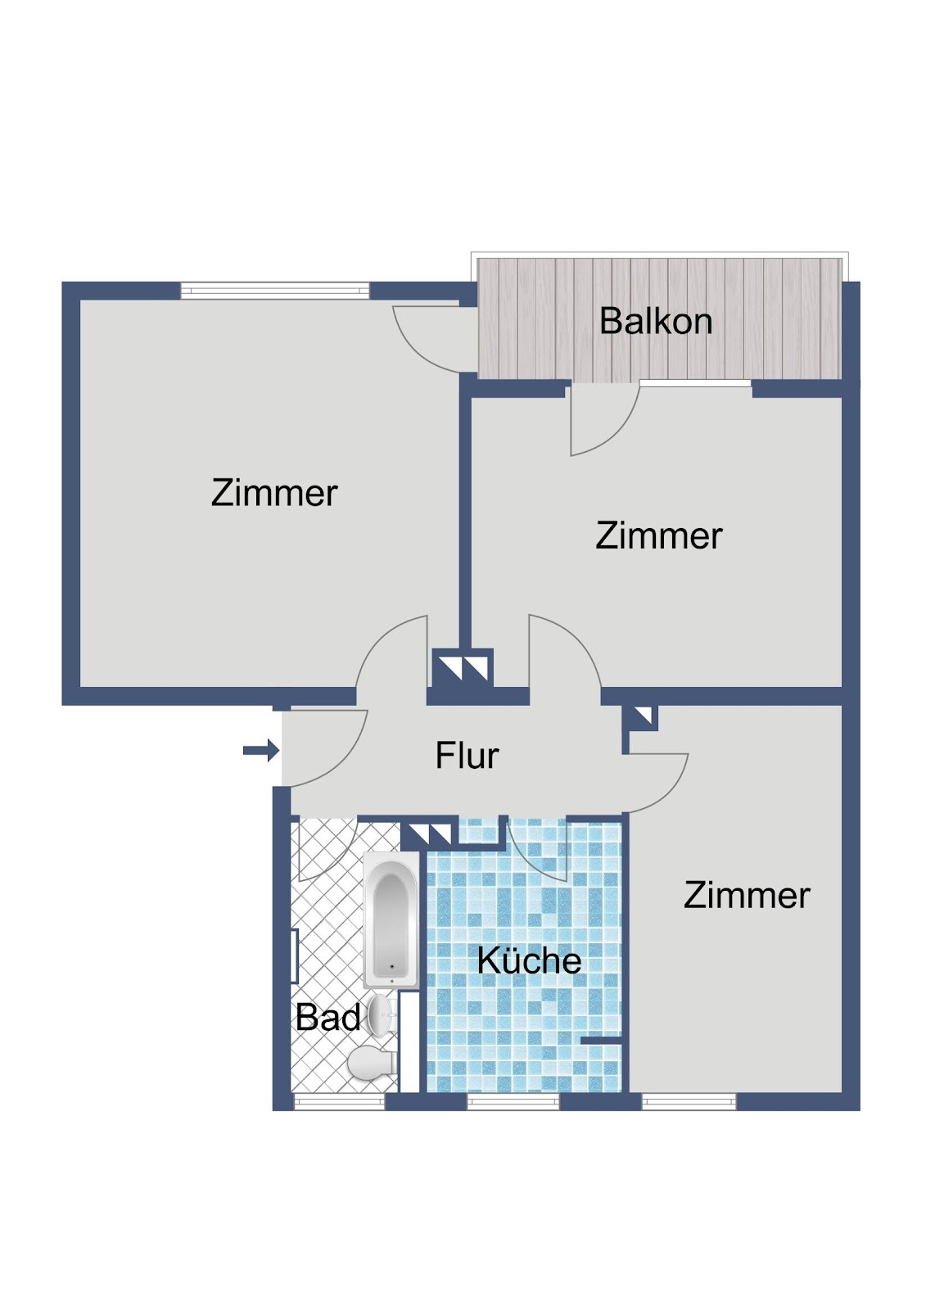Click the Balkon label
pos(656,321)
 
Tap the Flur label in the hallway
pos(467,755)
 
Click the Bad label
pos(327,1018)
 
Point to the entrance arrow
pos(261,750)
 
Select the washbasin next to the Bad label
pos(382,1016)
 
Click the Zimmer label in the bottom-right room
pos(747,896)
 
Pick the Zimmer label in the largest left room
pos(274,493)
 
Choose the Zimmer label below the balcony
pos(659,535)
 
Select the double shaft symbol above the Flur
pos(463,667)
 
